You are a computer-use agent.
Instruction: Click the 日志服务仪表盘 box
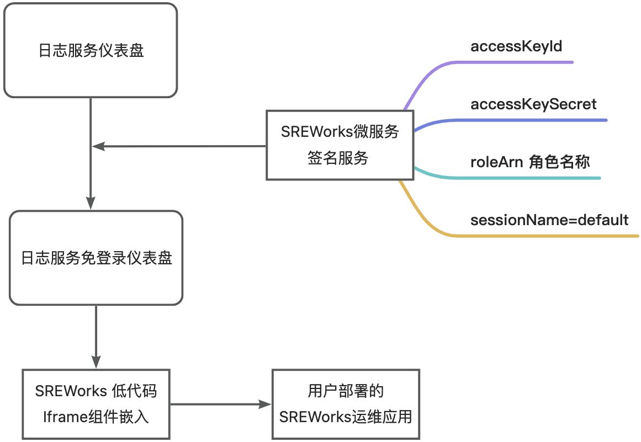[91, 50]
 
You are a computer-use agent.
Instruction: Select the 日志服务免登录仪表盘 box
[96, 258]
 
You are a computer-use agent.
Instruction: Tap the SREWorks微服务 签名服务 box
[340, 145]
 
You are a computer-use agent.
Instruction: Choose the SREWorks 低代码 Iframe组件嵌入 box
[96, 404]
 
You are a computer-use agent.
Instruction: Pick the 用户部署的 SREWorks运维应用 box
[346, 404]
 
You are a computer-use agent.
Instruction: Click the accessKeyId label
[516, 46]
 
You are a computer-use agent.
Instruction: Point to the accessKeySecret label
[533, 104]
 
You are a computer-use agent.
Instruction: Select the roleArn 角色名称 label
[530, 162]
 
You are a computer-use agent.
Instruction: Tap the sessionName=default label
[549, 220]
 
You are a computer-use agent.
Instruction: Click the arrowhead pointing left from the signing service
[98, 146]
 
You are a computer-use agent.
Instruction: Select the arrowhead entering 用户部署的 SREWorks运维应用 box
[266, 404]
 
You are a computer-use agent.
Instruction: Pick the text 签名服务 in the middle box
[338, 158]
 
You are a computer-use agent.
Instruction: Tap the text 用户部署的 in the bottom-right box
[346, 392]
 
